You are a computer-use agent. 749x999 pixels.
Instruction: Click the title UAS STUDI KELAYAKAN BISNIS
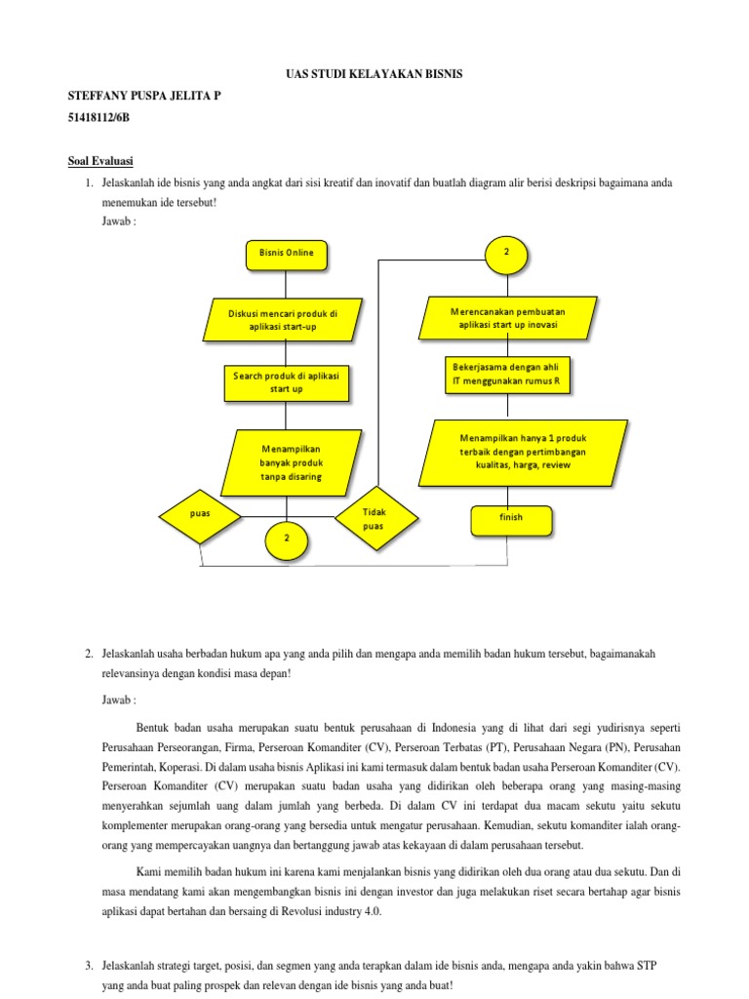[x=374, y=74]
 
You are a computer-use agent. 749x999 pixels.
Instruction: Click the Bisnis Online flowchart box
[x=287, y=254]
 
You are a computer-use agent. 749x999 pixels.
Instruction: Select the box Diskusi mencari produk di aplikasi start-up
[x=283, y=320]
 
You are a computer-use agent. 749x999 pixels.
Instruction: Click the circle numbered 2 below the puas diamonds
[x=287, y=538]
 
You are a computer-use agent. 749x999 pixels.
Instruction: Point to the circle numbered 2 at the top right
[x=506, y=253]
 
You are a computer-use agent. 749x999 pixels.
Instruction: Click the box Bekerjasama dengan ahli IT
[x=507, y=375]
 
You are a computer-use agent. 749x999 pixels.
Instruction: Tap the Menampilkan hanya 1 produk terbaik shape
[x=523, y=452]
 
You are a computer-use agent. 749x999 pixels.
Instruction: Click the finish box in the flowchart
[x=511, y=518]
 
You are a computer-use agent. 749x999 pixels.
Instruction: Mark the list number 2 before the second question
[x=89, y=652]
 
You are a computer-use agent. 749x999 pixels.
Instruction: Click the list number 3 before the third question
[x=89, y=966]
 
